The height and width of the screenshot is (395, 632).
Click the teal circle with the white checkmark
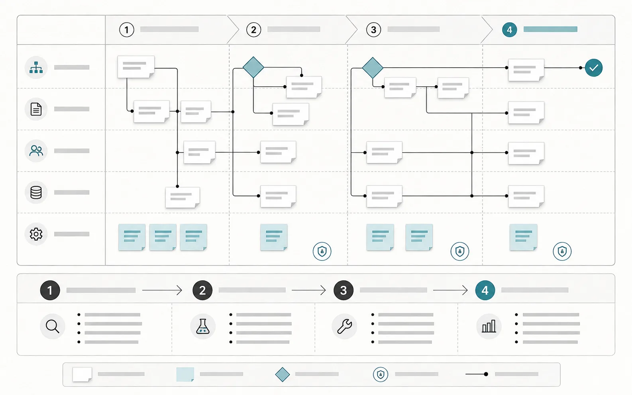click(594, 68)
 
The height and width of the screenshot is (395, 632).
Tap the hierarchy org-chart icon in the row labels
click(36, 67)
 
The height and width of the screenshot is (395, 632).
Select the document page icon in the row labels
click(36, 109)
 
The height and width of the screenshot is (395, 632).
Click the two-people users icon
click(36, 151)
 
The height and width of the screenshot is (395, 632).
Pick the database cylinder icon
click(36, 193)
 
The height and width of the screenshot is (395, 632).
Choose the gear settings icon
click(36, 234)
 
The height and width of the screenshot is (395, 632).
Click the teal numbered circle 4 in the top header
click(510, 29)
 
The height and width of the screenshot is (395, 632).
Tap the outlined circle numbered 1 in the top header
click(127, 29)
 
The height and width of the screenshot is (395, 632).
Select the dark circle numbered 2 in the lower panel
click(202, 290)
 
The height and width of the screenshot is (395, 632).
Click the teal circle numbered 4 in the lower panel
click(485, 290)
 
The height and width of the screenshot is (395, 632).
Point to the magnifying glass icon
click(53, 327)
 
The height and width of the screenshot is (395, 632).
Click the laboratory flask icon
click(202, 326)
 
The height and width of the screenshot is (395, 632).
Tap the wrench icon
click(345, 327)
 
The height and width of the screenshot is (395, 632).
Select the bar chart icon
click(489, 326)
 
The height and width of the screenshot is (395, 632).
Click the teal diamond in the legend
click(283, 374)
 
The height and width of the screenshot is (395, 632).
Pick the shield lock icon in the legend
click(381, 374)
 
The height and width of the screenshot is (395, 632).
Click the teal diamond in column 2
click(253, 67)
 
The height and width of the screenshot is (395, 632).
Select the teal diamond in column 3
click(373, 68)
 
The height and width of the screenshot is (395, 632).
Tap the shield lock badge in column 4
click(562, 251)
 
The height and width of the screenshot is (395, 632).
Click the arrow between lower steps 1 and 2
click(162, 290)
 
